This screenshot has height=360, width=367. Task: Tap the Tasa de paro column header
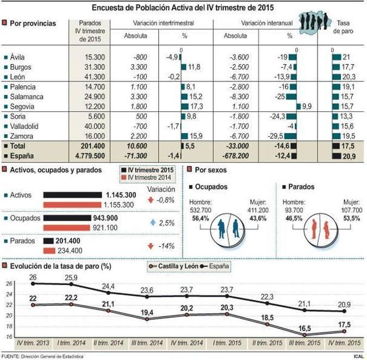pos(343,28)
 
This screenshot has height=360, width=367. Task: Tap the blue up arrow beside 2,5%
pos(154,223)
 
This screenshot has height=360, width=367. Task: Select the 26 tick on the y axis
pos(9,284)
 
